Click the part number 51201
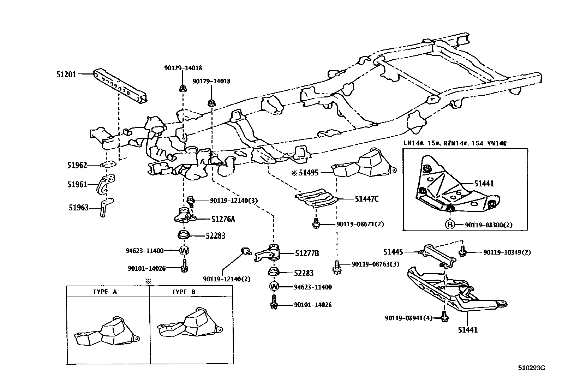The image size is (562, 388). pos(66,74)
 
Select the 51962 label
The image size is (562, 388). pos(77,166)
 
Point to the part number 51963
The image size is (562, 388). pos(78,208)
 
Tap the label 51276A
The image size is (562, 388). pos(223,219)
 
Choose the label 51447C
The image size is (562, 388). pos(367,199)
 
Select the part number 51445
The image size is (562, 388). pos(393,252)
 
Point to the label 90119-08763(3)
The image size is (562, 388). pos(375,264)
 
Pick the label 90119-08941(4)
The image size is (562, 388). pos(408,318)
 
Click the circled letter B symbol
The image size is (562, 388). pos(450,225)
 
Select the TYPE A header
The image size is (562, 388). pos(105,292)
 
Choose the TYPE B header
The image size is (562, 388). pos(184,292)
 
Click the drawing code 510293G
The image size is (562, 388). pos(532,368)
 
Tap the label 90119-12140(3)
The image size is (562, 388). pos(234,201)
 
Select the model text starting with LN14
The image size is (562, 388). pos(455,143)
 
